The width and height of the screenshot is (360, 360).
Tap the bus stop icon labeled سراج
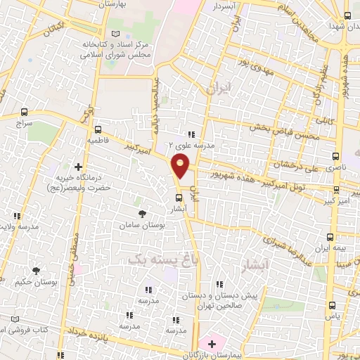point(25,112)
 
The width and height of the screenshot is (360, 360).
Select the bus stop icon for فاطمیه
point(98,129)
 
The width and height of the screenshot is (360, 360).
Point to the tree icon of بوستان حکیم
point(37,271)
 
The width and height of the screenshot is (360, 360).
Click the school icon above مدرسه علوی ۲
point(191,134)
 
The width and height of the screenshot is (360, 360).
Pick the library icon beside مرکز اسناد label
point(116,34)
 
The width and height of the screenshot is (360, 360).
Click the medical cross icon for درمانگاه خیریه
point(79,167)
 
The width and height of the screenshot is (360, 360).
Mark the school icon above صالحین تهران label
point(219,284)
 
